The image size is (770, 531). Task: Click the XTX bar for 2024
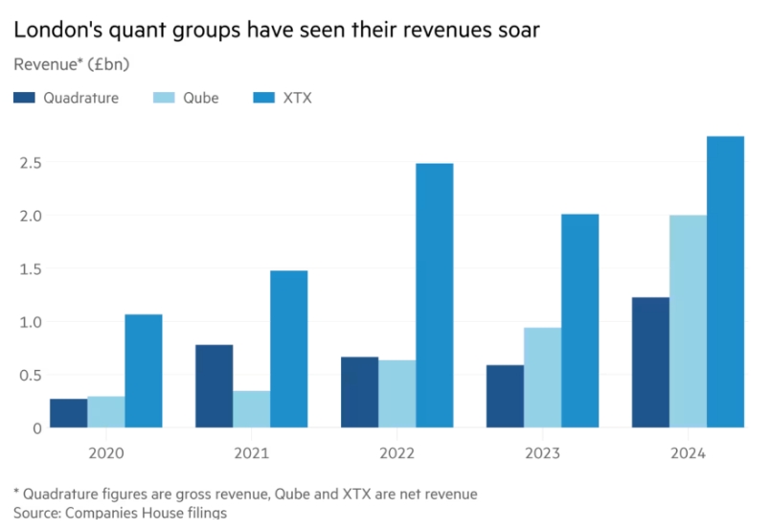[725, 282]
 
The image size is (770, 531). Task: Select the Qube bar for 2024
[688, 321]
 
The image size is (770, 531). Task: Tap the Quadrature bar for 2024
[650, 362]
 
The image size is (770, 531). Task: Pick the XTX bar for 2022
[434, 295]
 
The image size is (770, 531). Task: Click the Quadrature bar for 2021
[214, 386]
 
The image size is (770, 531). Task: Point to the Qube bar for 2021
[251, 409]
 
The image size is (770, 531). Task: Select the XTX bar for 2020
[143, 371]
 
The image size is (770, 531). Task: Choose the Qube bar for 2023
[542, 378]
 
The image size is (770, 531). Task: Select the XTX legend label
[299, 98]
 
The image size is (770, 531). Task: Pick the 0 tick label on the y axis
[35, 428]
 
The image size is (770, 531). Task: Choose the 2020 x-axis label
[105, 452]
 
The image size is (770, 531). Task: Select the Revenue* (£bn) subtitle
[72, 65]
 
